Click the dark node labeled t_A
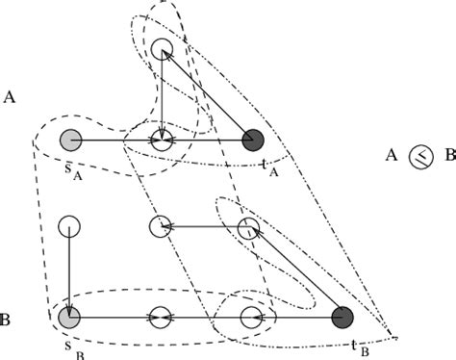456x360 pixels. coord(253,140)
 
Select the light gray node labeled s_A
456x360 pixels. coord(69,140)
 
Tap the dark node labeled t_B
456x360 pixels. coord(342,317)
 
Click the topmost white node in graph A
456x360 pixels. coord(162,49)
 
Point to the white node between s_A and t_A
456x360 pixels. coord(161,140)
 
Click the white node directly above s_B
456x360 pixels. coord(68,228)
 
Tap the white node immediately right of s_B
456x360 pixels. coord(161,317)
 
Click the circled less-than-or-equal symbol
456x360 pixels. coord(418,155)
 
